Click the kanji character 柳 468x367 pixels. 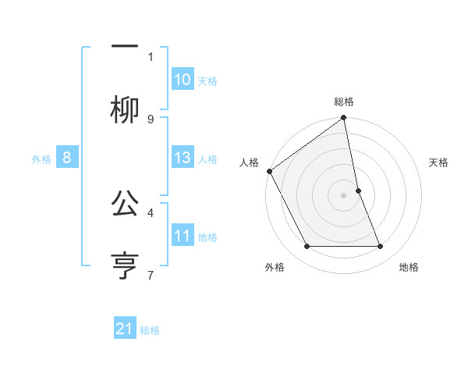[125, 110]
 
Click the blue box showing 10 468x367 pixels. [183, 80]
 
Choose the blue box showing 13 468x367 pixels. [183, 158]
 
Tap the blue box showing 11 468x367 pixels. [183, 236]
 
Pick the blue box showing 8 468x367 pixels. [67, 158]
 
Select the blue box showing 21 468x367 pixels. [125, 330]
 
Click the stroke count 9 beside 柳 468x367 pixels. [151, 119]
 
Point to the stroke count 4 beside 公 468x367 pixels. [151, 212]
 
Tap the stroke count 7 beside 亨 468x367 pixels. [151, 274]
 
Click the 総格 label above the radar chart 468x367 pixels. [344, 102]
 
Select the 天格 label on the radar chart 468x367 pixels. [439, 162]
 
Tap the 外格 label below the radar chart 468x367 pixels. [275, 268]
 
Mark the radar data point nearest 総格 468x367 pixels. [344, 119]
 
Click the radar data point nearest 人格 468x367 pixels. [270, 171]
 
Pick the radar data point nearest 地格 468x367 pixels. [381, 247]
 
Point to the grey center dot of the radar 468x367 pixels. [344, 195]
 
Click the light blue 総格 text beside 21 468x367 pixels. [150, 330]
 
